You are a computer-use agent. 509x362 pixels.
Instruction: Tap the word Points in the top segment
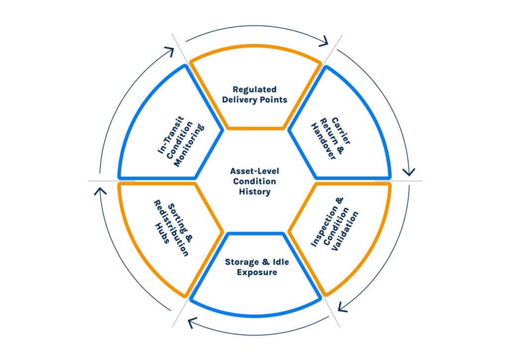275,99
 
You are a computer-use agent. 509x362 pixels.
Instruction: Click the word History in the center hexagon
254,192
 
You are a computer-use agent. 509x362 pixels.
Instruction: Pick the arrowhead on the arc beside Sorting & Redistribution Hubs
100,191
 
